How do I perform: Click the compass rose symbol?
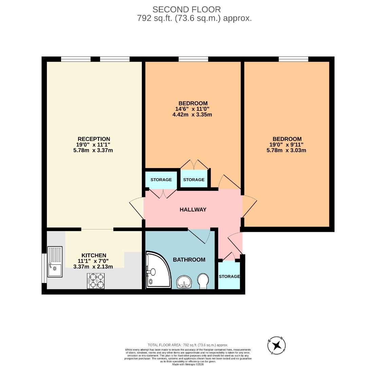tap(277, 345)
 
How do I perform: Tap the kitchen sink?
tap(55, 262)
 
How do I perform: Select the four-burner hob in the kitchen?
tap(96, 281)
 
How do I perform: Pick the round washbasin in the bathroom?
tap(184, 282)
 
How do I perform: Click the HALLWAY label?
tap(193, 210)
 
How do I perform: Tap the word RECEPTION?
tap(94, 139)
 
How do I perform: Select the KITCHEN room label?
tap(94, 255)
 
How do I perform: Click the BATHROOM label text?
tap(189, 260)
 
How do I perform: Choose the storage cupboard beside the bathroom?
tap(229, 276)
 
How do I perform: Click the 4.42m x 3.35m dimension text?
tap(192, 115)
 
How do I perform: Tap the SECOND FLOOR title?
tap(186, 9)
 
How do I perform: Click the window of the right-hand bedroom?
tap(293, 59)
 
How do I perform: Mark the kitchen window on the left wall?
tap(44, 268)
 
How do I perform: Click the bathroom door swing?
tap(200, 236)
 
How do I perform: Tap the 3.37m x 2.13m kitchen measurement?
tap(93, 267)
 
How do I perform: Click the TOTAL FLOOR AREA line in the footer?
tap(188, 345)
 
